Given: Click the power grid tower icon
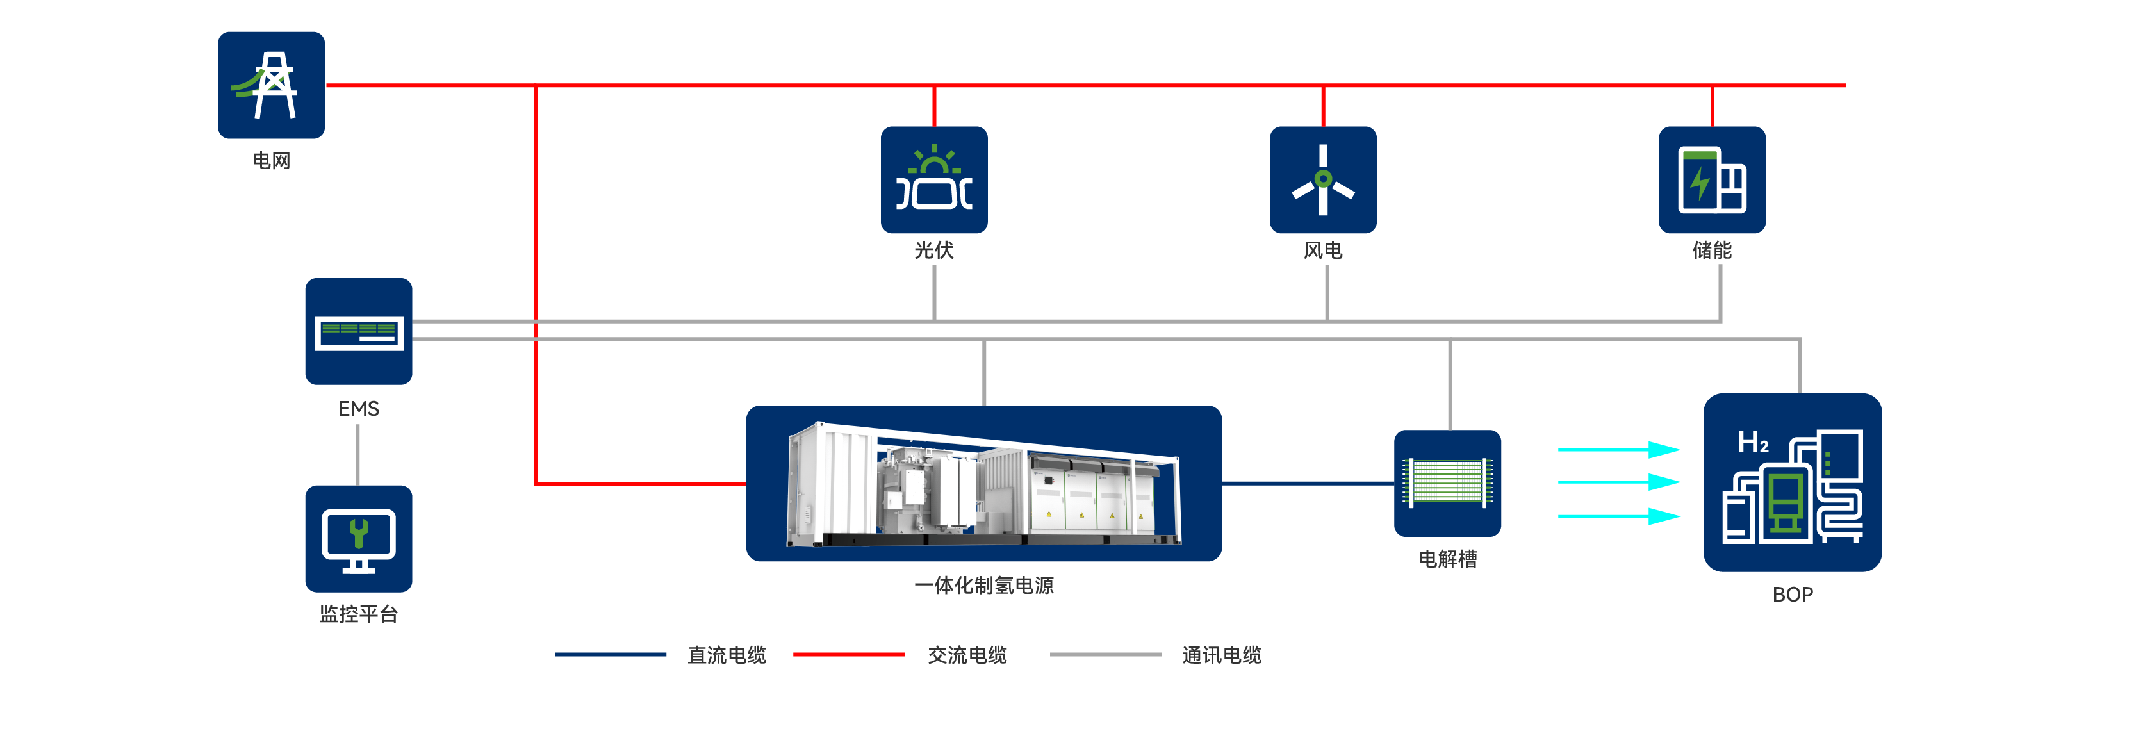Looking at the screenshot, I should click(x=271, y=85).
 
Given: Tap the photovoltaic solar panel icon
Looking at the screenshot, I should click(x=933, y=179).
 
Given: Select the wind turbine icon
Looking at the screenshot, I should click(x=1322, y=179).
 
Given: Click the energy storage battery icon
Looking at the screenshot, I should click(x=1711, y=179).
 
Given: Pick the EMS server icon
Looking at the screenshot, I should click(x=358, y=331).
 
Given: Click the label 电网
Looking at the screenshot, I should click(x=271, y=161).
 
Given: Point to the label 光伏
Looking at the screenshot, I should click(x=933, y=251).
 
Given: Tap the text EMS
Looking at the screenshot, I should click(x=358, y=409).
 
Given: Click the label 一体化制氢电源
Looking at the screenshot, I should click(x=983, y=586).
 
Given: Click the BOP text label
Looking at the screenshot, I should click(x=1792, y=595).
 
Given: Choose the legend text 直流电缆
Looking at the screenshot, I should click(x=727, y=655).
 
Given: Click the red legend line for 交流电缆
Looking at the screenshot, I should click(x=848, y=655).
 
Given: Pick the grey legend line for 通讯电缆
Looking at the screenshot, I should click(x=1105, y=655).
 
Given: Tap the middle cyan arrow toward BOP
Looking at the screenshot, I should click(x=1618, y=482).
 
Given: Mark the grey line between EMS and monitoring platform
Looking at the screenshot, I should click(x=358, y=455).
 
